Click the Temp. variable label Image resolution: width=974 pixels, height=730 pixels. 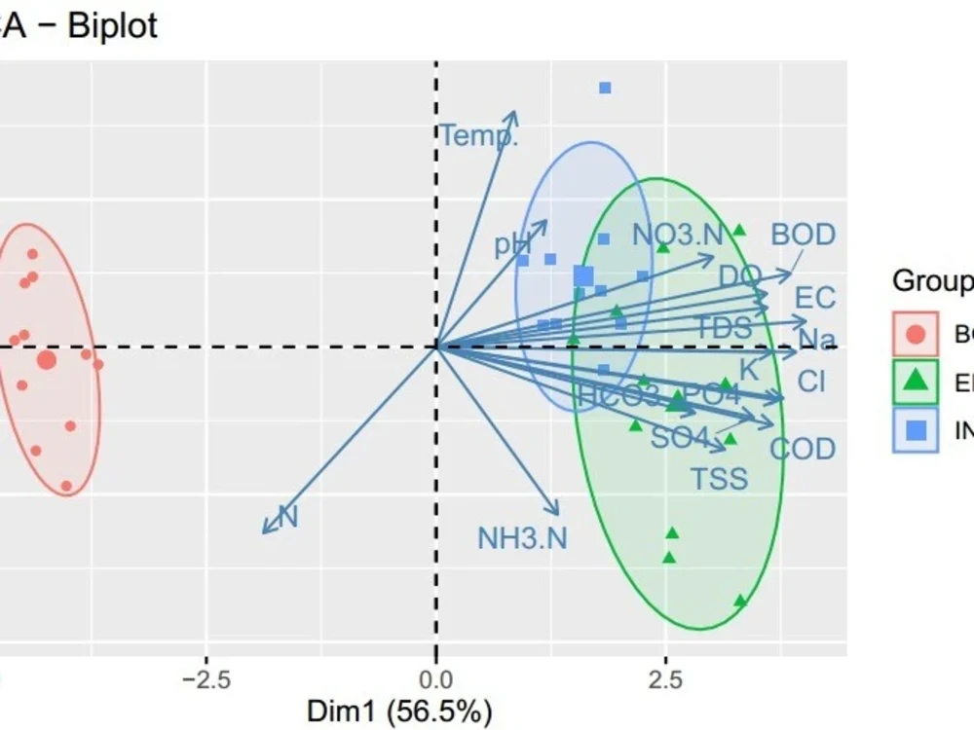point(478,135)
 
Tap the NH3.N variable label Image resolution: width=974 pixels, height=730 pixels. point(522,537)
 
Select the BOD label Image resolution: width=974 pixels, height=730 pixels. point(803,235)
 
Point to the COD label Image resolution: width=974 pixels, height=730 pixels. point(803,449)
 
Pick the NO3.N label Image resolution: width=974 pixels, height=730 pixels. point(678,235)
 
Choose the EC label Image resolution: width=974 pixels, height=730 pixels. point(815,297)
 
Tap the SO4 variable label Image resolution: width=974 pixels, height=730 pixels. point(679,437)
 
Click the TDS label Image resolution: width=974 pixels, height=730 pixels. point(723,327)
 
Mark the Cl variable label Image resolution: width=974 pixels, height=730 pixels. point(811,381)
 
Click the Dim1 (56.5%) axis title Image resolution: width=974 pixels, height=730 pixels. point(399,712)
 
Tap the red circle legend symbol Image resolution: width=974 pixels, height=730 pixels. point(916,334)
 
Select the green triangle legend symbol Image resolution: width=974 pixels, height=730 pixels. point(916,382)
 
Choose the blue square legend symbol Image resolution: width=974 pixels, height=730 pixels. point(916,429)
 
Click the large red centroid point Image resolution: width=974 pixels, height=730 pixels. point(47,360)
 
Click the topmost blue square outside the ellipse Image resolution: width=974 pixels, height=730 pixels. point(605,88)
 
